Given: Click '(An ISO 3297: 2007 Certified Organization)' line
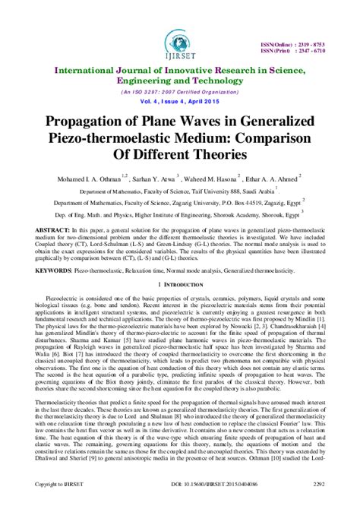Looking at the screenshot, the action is click(180, 90).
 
